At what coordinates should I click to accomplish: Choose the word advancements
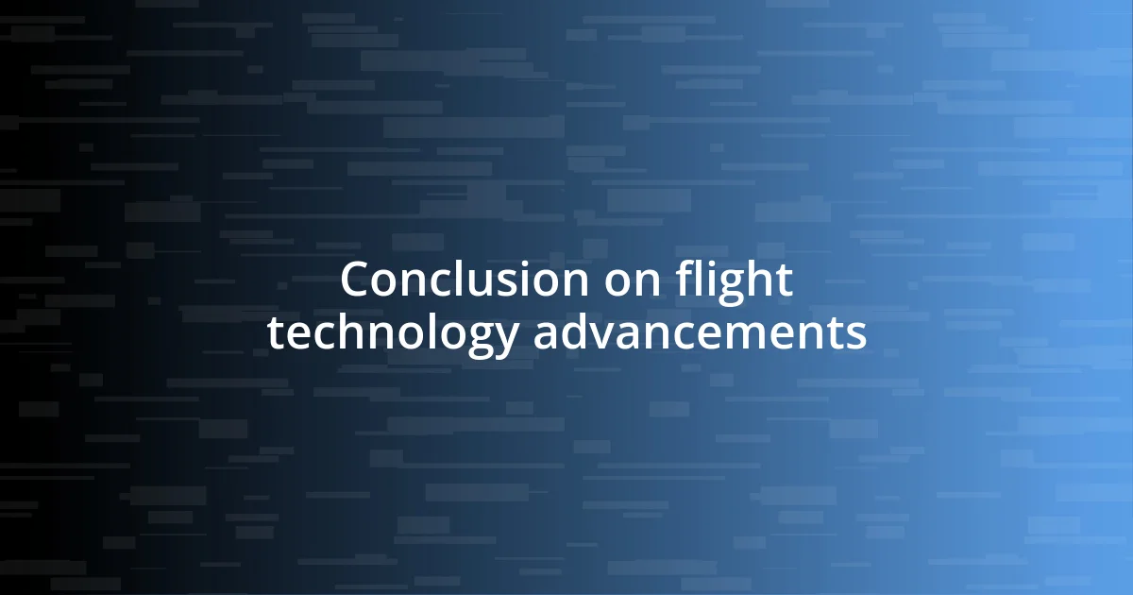tap(700, 333)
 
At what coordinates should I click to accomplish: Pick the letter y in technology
tap(505, 339)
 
